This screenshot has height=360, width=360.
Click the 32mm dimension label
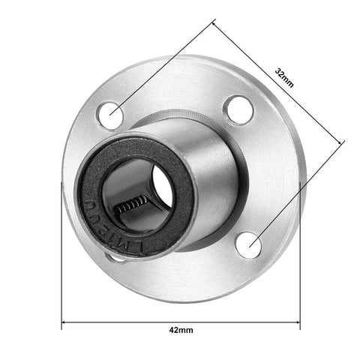[284, 77]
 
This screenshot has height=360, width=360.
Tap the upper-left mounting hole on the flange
[113, 112]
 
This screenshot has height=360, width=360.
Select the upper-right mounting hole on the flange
[236, 109]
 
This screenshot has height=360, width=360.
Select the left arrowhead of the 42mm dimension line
[64, 324]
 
